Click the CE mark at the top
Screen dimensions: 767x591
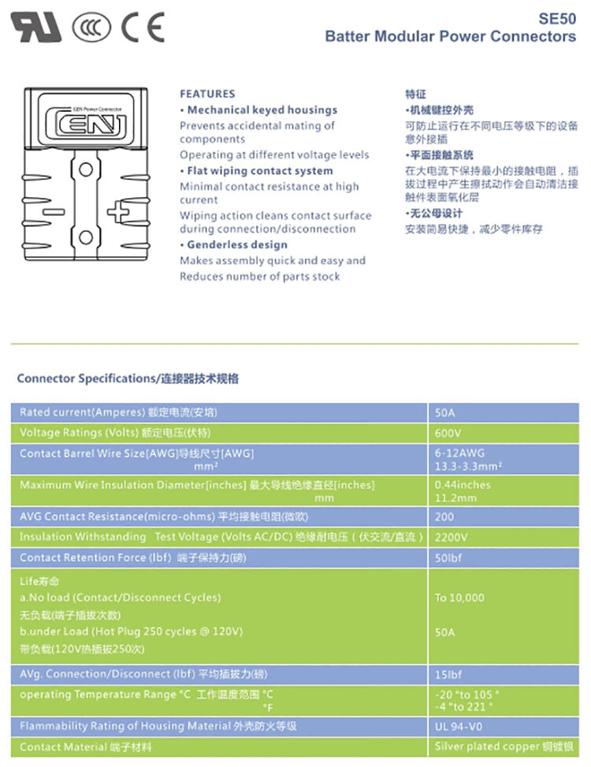pyautogui.click(x=143, y=28)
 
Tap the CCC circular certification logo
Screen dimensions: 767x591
pyautogui.click(x=92, y=28)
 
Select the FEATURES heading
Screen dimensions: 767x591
pyautogui.click(x=207, y=94)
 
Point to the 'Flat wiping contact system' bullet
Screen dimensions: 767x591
pyautogui.click(x=256, y=170)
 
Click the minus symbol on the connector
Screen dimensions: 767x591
pyautogui.click(x=52, y=211)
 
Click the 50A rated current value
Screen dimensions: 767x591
pyautogui.click(x=445, y=412)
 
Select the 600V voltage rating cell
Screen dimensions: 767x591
pyautogui.click(x=448, y=433)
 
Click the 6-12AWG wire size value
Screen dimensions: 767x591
pyautogui.click(x=460, y=453)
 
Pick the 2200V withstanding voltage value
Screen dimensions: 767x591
pyautogui.click(x=452, y=537)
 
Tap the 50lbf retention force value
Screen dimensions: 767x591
pyautogui.click(x=449, y=557)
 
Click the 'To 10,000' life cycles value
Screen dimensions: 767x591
pyautogui.click(x=459, y=598)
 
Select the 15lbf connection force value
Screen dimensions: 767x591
pyautogui.click(x=449, y=674)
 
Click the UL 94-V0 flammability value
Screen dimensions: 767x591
pyautogui.click(x=458, y=726)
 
